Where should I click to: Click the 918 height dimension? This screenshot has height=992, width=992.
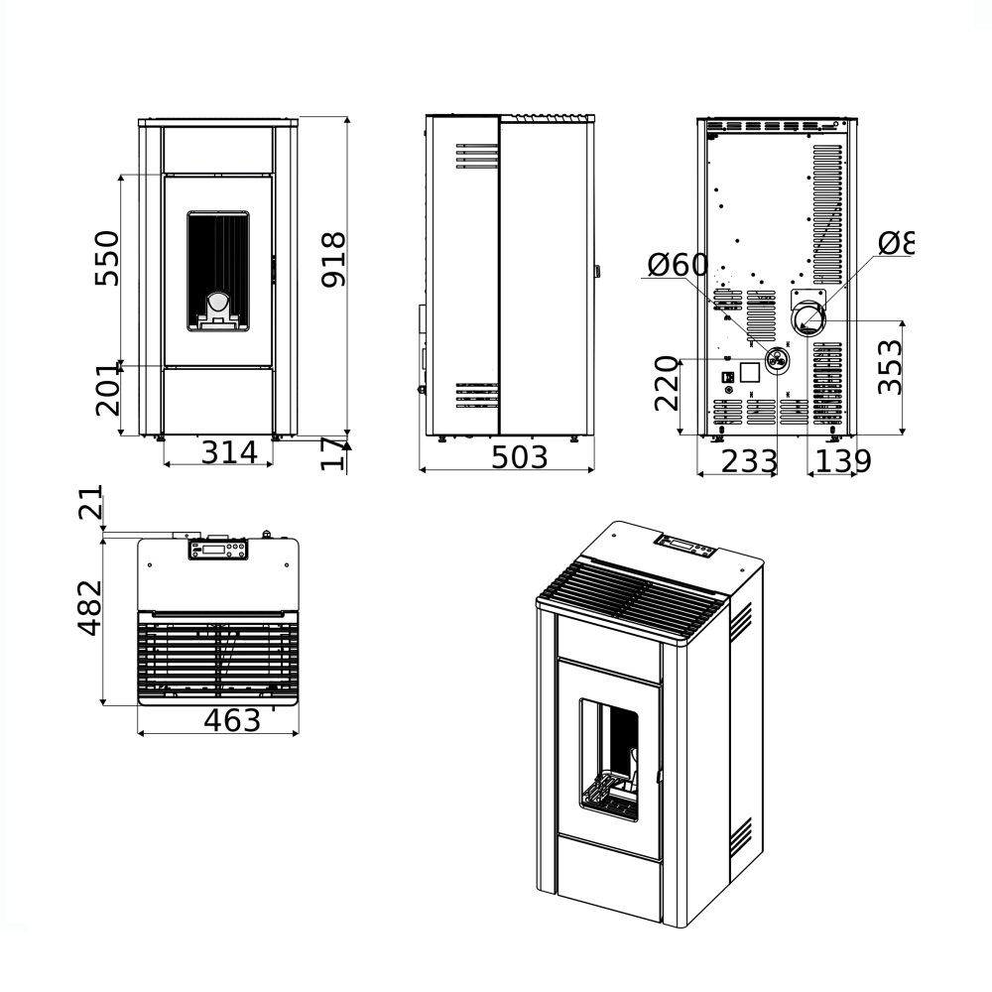[x=335, y=260]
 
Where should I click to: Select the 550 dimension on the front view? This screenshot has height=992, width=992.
[x=106, y=258]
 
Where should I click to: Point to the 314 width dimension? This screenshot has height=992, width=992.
[x=236, y=452]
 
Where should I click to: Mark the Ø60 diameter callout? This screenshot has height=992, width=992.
[x=679, y=265]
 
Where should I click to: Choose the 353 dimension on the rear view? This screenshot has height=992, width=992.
[x=891, y=366]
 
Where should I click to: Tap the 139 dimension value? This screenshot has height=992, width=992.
[x=843, y=461]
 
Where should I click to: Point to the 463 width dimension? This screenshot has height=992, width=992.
[x=232, y=720]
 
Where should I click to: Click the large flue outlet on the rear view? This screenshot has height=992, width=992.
[x=808, y=319]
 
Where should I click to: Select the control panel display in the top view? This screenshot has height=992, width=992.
[x=217, y=549]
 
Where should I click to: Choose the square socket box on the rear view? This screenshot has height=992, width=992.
[x=751, y=372]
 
